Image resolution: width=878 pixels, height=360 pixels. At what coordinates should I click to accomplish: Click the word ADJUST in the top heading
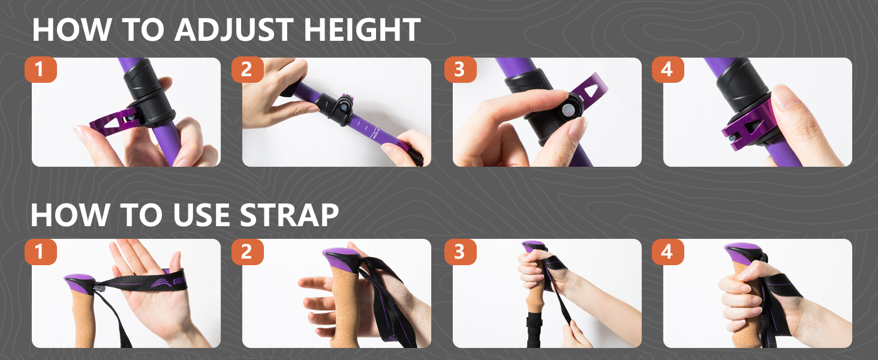pos(234,30)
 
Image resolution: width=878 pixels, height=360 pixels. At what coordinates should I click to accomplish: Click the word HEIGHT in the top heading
pos(362,30)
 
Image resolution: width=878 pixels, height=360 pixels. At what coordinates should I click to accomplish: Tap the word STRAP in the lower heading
pos(289,215)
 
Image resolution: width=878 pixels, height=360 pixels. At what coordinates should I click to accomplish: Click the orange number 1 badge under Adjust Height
pos(41,70)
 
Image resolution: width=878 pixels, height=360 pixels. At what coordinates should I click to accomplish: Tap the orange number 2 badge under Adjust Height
pos(247,70)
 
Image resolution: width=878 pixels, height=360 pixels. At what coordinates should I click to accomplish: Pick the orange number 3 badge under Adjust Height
pos(460,70)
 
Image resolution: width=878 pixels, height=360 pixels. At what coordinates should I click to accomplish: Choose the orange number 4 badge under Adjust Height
pos(667,70)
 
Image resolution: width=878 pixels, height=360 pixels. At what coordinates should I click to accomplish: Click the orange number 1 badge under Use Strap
pos(41,251)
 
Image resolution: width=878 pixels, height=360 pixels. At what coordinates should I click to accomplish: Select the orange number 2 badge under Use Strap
pos(247,251)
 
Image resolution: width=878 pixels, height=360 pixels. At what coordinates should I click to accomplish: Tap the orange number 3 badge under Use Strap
pos(460,251)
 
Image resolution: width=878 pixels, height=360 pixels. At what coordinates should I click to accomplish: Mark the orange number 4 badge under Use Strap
pos(667,251)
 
